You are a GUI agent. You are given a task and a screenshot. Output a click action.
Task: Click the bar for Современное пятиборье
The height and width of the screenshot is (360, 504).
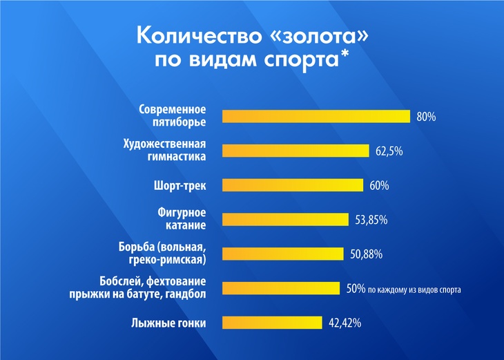coord(316,116)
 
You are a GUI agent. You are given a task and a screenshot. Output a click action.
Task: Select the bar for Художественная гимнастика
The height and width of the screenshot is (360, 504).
coord(296,151)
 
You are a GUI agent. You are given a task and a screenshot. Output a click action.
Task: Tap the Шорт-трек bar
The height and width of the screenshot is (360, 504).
coord(292,185)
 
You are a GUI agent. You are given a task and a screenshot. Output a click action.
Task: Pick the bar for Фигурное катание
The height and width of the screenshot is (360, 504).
coord(285,220)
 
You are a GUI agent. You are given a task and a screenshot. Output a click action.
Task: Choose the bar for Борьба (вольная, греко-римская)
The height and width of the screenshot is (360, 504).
coord(282,254)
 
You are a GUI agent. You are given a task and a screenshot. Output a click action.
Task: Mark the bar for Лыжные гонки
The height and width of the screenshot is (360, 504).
coord(272,323)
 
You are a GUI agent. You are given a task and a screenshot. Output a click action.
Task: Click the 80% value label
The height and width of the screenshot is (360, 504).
coord(426,117)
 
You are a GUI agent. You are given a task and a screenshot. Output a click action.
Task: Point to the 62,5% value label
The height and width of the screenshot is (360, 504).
coord(389,151)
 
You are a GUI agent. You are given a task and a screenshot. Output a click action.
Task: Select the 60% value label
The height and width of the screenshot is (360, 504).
coord(379,185)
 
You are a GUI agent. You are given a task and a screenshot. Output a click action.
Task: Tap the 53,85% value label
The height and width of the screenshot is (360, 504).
coord(371,220)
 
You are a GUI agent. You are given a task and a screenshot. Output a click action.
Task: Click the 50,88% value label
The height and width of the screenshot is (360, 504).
coord(366,254)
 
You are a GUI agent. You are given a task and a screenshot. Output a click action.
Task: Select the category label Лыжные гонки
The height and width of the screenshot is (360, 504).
coord(168,323)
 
